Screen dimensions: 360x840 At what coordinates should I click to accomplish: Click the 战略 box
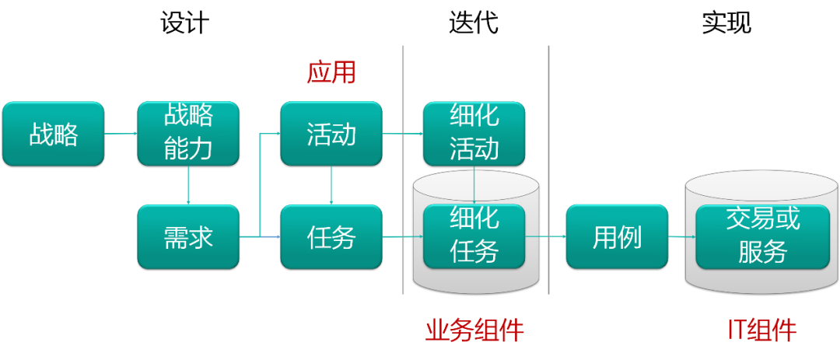[x=53, y=134]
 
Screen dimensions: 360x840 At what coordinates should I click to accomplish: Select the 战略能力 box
[x=188, y=134]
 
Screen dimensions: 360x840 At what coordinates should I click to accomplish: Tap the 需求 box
[x=188, y=236]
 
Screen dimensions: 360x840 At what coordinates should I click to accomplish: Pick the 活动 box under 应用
[x=331, y=134]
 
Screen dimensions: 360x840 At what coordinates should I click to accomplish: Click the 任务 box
[x=331, y=236]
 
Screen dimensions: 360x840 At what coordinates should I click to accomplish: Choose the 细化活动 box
[x=474, y=134]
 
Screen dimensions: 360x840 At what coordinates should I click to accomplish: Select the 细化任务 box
[x=474, y=236]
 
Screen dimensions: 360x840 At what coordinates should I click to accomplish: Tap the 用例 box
[x=617, y=236]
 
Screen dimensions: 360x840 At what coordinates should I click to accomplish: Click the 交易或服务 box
[x=762, y=236]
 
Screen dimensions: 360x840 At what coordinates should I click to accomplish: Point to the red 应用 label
[x=331, y=73]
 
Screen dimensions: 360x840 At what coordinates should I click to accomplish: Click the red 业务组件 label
[x=474, y=331]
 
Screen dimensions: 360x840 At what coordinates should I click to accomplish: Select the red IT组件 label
[x=762, y=331]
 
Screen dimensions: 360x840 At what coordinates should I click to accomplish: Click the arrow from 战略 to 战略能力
[x=121, y=134]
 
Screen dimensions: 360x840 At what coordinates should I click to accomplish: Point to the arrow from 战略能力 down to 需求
[x=188, y=185]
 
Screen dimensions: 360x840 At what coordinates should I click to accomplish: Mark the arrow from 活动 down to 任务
[x=332, y=185]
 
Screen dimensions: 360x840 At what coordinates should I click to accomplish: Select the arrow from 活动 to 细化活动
[x=402, y=134]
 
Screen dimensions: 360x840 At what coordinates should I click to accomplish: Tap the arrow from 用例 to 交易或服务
[x=681, y=236]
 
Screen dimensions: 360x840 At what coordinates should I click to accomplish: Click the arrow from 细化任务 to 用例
[x=545, y=236]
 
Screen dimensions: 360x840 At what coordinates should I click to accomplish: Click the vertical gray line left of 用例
[x=548, y=171]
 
